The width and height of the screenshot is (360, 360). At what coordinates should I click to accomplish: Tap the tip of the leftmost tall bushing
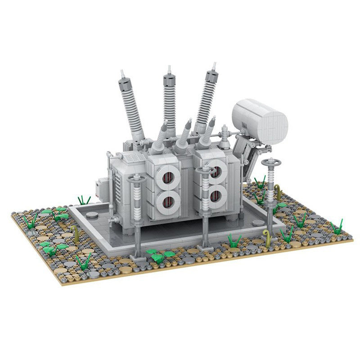tap(121, 72)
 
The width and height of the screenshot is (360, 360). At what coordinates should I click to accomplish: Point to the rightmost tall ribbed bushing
tap(206, 101)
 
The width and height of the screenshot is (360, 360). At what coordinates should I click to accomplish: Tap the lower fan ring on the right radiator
tap(217, 195)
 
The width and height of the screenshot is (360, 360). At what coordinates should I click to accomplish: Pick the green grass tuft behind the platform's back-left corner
tap(84, 200)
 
